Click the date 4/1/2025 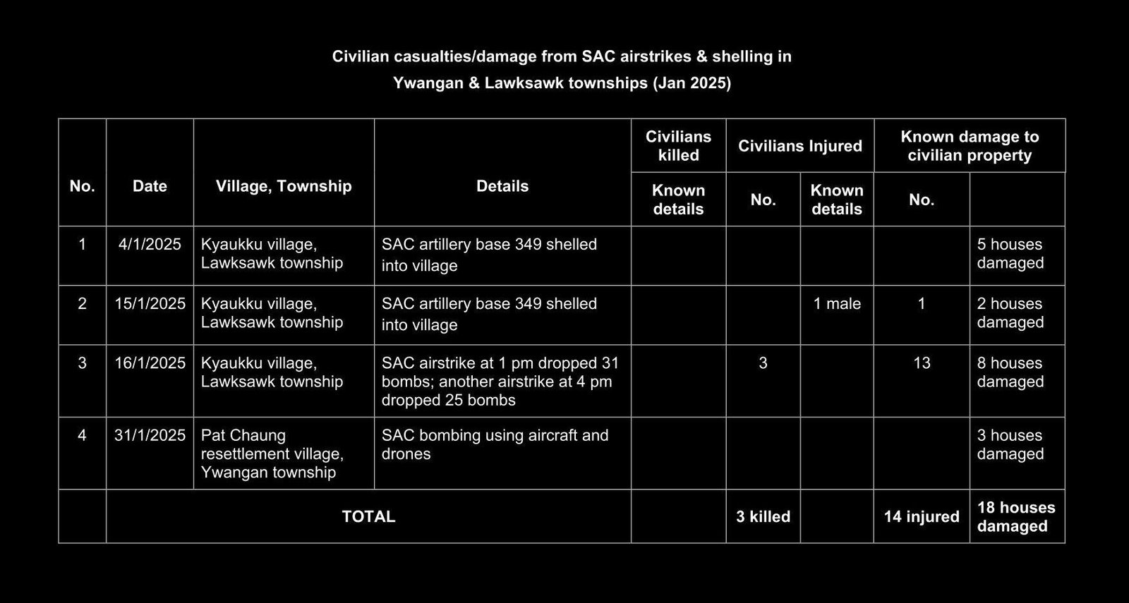pyautogui.click(x=150, y=245)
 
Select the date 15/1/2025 pyautogui.click(x=150, y=304)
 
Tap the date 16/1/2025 pyautogui.click(x=150, y=363)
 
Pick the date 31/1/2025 pyautogui.click(x=150, y=435)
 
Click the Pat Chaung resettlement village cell pyautogui.click(x=272, y=453)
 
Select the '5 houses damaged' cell pyautogui.click(x=1010, y=254)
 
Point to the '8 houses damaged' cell pyautogui.click(x=1010, y=372)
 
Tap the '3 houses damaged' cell pyautogui.click(x=1010, y=444)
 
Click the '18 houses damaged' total pyautogui.click(x=1015, y=517)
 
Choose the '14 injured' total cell pyautogui.click(x=922, y=517)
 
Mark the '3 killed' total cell pyautogui.click(x=763, y=517)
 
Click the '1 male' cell pyautogui.click(x=837, y=304)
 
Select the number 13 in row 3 pyautogui.click(x=922, y=363)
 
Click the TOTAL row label pyautogui.click(x=368, y=517)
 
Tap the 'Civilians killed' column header pyautogui.click(x=678, y=146)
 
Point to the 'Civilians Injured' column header pyautogui.click(x=800, y=146)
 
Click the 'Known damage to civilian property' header pyautogui.click(x=970, y=146)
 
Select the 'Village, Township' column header pyautogui.click(x=284, y=186)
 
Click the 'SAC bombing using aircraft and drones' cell pyautogui.click(x=495, y=444)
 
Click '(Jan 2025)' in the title pyautogui.click(x=692, y=83)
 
